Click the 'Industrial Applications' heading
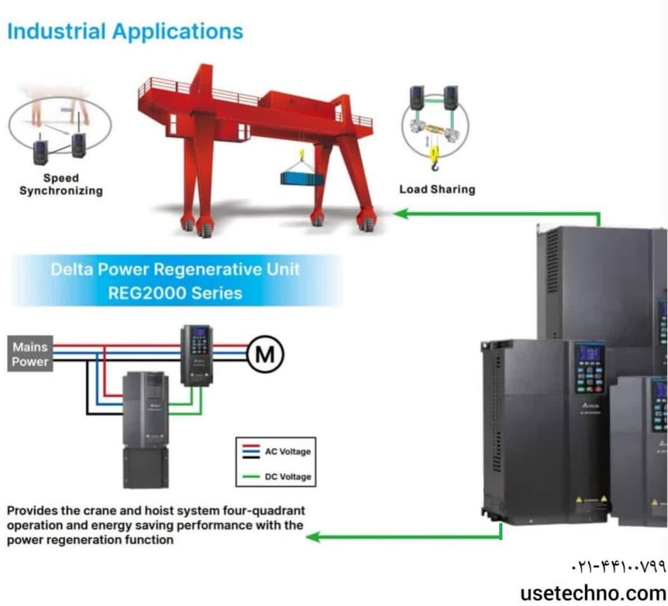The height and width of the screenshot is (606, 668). point(125,32)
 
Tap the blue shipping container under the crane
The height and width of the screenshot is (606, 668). point(302,178)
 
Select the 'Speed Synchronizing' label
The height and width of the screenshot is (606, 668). point(61,184)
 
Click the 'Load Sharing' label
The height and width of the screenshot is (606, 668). point(436,189)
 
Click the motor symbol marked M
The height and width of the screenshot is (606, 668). point(265,354)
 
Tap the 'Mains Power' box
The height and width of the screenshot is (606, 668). point(30,354)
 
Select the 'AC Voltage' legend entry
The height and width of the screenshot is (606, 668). point(287,452)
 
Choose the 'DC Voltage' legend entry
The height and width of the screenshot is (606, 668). point(287,477)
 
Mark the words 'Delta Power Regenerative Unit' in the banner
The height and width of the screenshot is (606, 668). point(176,269)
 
